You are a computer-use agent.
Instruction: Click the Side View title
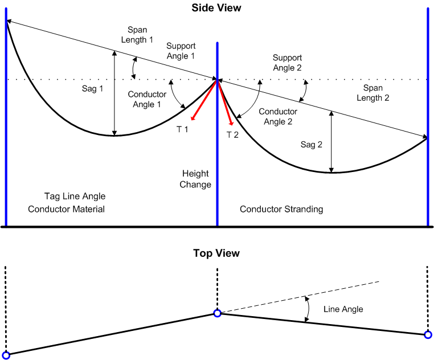coord(216,8)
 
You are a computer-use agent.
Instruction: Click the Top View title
coord(216,253)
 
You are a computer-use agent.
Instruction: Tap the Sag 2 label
coord(312,145)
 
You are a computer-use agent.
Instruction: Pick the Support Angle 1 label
coord(181,51)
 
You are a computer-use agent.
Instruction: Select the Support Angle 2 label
coord(287,62)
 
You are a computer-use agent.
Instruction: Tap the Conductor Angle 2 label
coord(278,117)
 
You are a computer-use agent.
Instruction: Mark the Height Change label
coord(195,179)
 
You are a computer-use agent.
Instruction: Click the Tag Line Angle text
coord(75,197)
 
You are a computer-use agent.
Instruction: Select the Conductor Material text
coord(67,209)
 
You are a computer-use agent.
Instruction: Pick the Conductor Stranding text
coord(281,209)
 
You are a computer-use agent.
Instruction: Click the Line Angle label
coord(343,309)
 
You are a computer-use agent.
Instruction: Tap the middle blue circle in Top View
coord(217,313)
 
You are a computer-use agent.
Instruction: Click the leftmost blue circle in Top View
coord(6,355)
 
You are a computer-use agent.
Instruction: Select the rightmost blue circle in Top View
coord(428,335)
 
